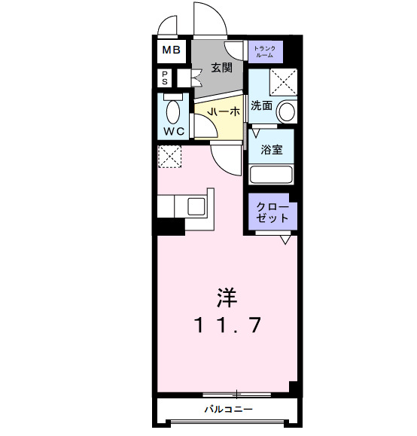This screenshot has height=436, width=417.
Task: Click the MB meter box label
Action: click(171, 51)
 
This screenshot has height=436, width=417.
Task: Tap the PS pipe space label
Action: click(164, 78)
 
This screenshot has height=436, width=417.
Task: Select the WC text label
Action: click(175, 132)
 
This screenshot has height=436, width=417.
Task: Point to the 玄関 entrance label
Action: click(221, 67)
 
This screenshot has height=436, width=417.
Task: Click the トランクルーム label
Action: click(266, 51)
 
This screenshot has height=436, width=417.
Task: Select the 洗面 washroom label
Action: click(261, 106)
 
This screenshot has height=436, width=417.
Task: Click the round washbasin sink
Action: click(286, 111)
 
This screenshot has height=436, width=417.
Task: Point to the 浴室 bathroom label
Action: click(272, 149)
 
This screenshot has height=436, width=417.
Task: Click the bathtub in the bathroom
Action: click(272, 175)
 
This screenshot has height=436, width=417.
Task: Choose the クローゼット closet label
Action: click(272, 212)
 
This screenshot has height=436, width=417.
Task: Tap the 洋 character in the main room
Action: click(227, 298)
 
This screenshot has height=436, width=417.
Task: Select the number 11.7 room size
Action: click(227, 326)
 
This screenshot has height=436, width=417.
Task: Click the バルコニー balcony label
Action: click(227, 410)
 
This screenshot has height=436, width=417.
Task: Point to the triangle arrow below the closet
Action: click(285, 240)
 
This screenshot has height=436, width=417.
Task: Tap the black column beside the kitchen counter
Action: click(170, 225)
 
